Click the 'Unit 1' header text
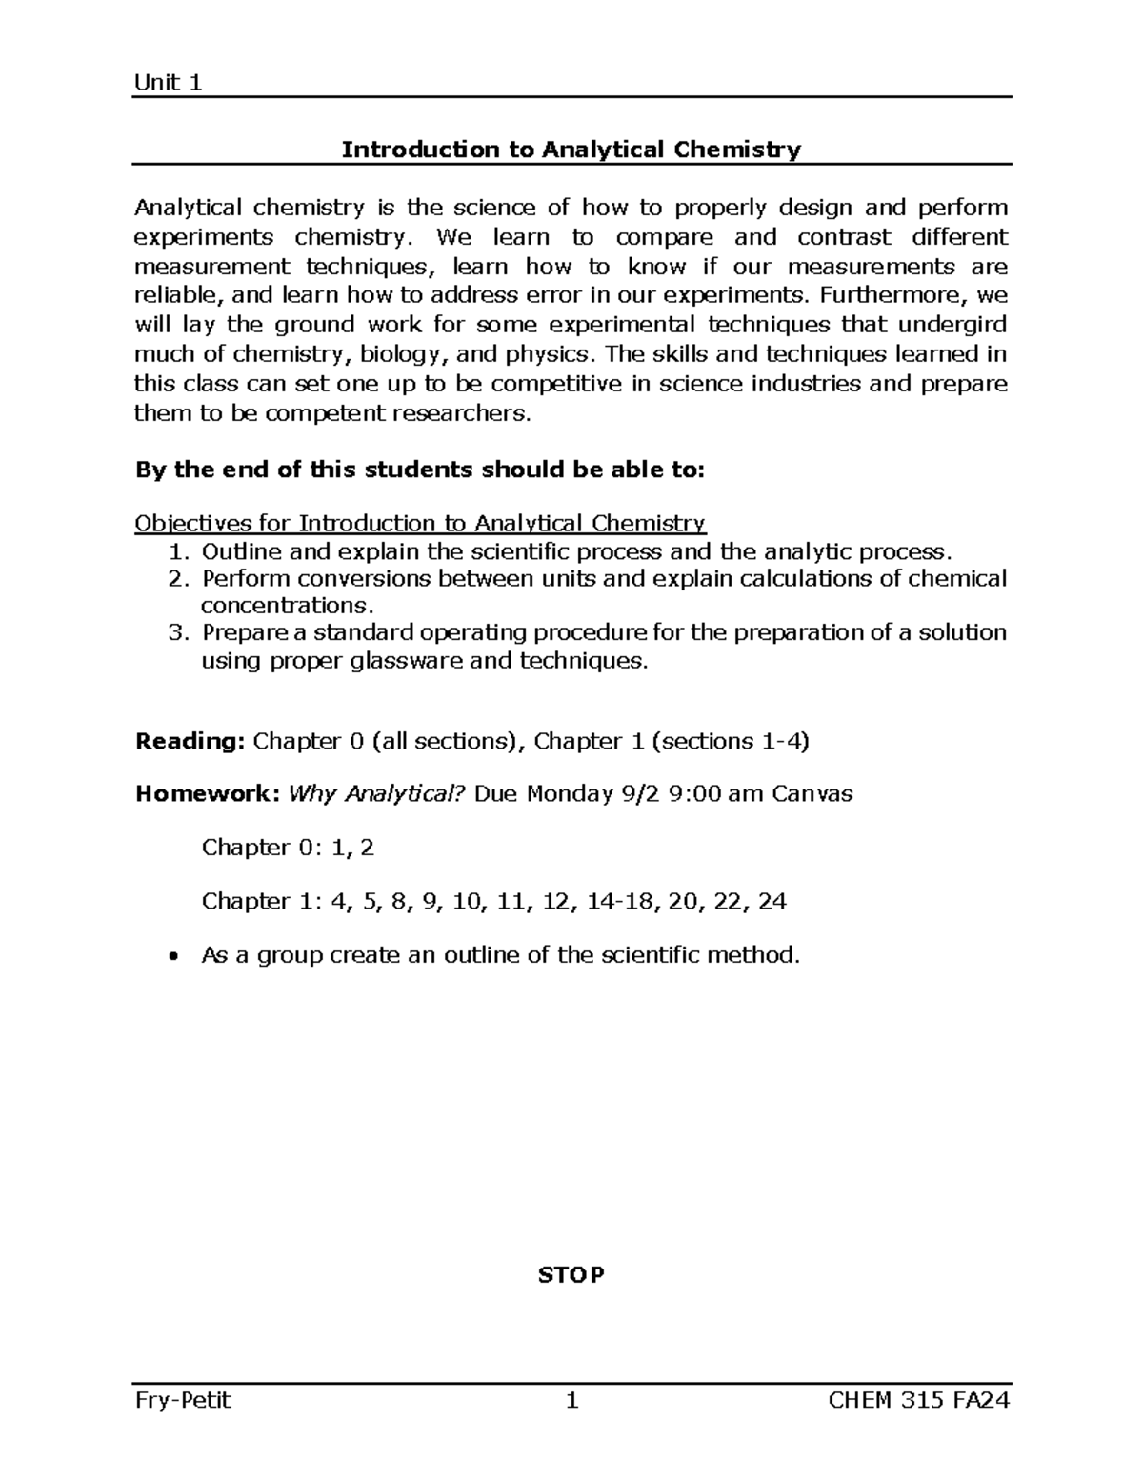click(168, 83)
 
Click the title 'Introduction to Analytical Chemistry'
click(571, 150)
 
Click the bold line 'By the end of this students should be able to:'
click(420, 470)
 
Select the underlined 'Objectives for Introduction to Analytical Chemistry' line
click(420, 523)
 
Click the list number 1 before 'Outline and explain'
click(176, 552)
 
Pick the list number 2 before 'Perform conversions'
click(176, 579)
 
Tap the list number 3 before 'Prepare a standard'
click(176, 632)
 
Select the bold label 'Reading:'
click(190, 741)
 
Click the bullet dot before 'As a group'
click(172, 956)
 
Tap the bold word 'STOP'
click(571, 1275)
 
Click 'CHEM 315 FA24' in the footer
click(919, 1400)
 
